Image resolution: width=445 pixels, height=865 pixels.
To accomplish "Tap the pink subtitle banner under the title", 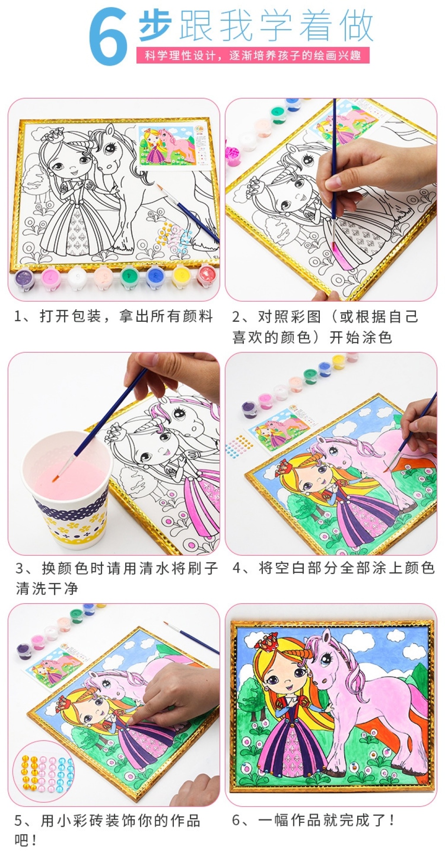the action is tap(252, 56).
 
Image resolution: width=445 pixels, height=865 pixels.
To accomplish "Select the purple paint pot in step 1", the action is tap(24, 278).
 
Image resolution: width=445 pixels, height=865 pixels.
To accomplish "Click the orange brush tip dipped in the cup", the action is tap(56, 478).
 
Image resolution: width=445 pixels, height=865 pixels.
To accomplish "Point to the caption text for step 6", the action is tap(314, 820).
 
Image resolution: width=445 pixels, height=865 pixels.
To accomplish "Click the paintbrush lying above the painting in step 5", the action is tap(191, 638).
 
